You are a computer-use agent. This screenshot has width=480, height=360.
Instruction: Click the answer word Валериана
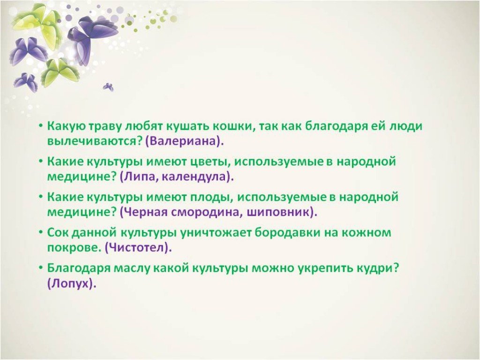(183, 141)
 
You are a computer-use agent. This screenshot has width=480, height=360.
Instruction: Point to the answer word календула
(194, 177)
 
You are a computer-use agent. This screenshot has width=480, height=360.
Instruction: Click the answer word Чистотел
(137, 247)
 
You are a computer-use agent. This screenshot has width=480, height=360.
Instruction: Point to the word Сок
(58, 232)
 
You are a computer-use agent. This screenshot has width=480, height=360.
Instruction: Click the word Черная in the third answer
(145, 212)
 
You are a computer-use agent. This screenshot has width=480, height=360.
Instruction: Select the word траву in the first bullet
(106, 127)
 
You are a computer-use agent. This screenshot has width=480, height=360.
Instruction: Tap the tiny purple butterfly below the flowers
(108, 87)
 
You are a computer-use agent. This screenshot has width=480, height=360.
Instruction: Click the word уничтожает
(217, 232)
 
